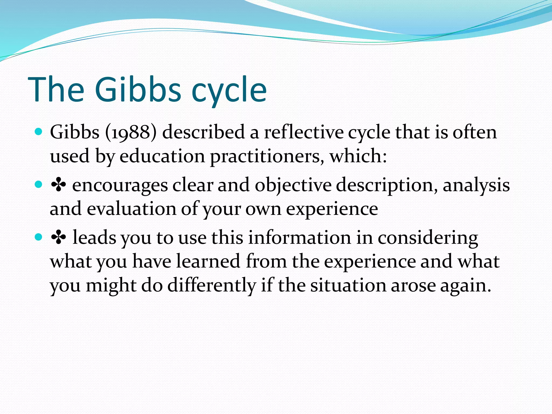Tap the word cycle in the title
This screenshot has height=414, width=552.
pos(229,92)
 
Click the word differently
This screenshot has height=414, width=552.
pos(212,285)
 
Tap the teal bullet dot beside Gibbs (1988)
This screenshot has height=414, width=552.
pos(39,132)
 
